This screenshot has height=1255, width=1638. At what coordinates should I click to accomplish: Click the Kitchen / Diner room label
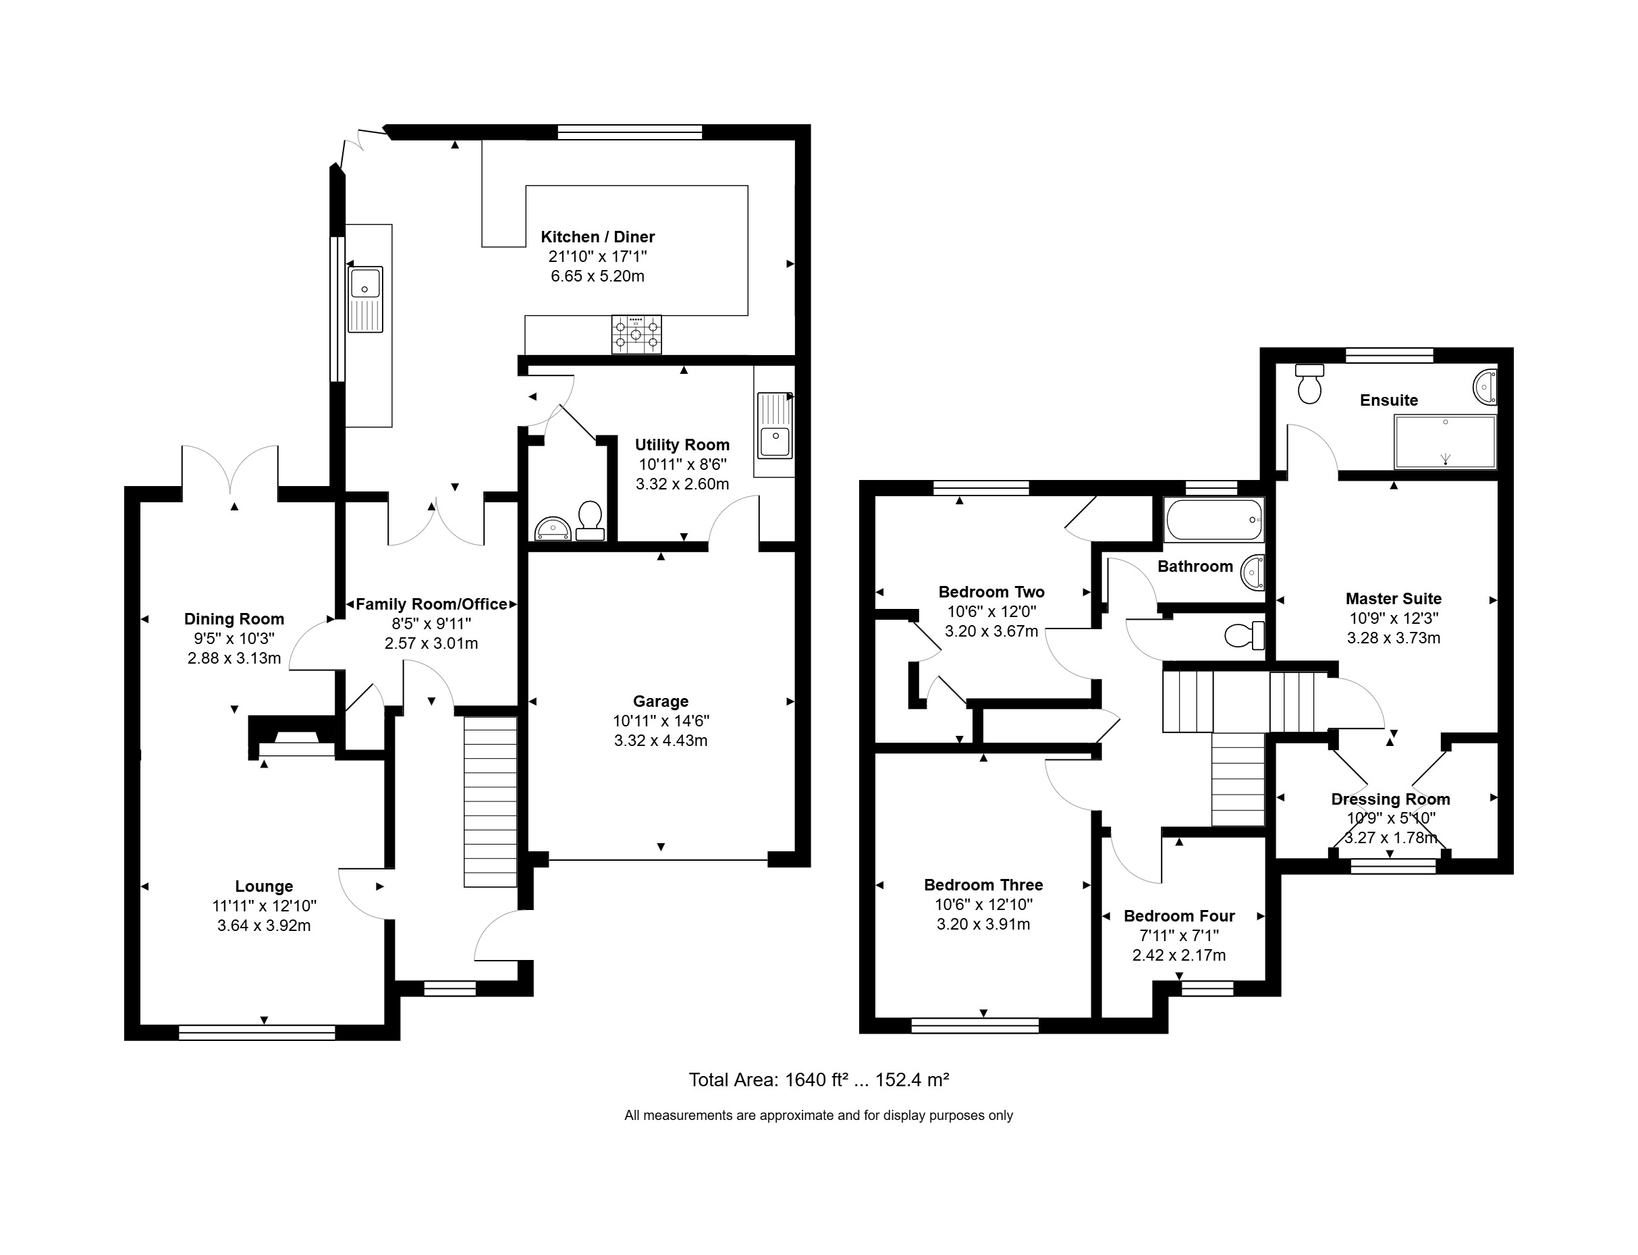(597, 237)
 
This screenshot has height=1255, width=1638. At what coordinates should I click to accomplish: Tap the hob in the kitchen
(636, 334)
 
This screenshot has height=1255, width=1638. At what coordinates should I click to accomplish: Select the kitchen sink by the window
(365, 299)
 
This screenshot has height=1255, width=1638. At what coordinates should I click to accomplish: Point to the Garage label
(660, 701)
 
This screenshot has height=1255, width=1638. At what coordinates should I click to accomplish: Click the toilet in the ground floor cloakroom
(590, 520)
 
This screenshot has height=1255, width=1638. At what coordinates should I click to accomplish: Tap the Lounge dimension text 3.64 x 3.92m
(264, 926)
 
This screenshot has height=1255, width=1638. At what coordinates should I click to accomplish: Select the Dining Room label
(234, 619)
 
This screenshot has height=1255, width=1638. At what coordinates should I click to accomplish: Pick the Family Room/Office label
(432, 604)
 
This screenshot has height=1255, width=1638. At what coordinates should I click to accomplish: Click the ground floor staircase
(490, 801)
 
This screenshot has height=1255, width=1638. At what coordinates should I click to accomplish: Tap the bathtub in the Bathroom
(1213, 519)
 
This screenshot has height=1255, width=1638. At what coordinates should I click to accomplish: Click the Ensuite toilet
(1309, 384)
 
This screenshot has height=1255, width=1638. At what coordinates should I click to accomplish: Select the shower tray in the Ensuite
(1445, 442)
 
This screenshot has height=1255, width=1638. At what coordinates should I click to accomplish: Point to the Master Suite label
(1393, 598)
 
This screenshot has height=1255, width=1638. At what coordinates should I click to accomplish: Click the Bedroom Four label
(1178, 916)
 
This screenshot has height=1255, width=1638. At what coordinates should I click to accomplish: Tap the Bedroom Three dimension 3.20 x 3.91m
(983, 924)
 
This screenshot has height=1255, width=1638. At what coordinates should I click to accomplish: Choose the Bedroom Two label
(991, 591)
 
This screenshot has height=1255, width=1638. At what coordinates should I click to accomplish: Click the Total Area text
(819, 1079)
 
